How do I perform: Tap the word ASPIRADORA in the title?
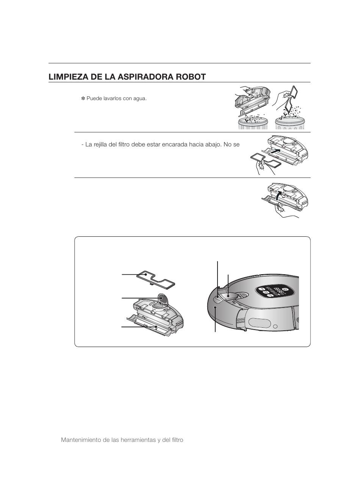[x=145, y=77]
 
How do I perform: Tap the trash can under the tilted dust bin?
[x=253, y=123]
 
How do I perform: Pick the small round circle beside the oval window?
[x=276, y=327]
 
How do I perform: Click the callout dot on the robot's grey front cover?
[x=216, y=308]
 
